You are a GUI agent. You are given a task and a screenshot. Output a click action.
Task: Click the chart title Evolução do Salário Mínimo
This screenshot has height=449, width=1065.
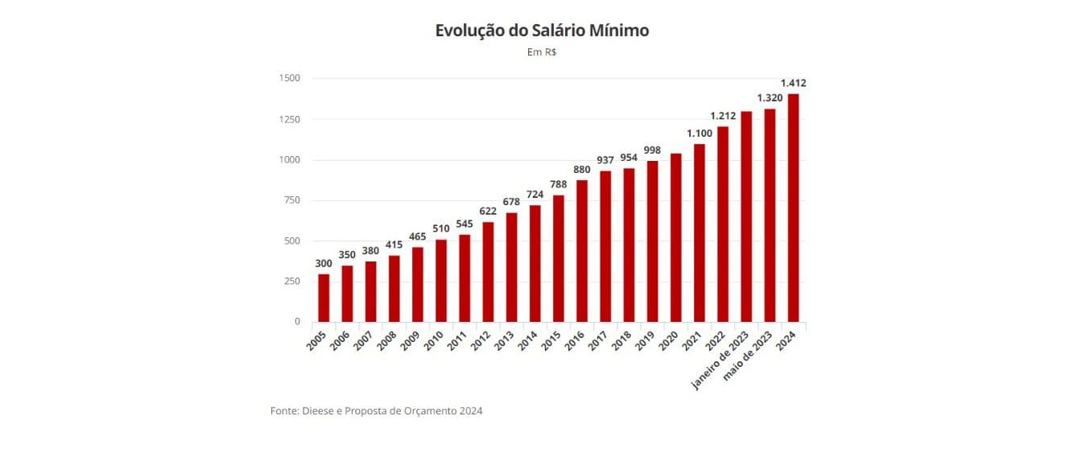point(542,31)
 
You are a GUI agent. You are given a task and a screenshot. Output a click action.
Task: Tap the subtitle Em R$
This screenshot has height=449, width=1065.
point(542,52)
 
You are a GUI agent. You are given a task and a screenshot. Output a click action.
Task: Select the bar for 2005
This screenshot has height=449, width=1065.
point(324,298)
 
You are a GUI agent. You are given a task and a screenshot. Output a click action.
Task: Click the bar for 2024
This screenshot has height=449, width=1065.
point(794,208)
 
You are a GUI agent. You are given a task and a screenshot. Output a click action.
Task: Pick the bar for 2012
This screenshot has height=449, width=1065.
point(488,272)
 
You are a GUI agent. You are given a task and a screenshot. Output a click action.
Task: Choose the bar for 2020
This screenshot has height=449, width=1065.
point(676,237)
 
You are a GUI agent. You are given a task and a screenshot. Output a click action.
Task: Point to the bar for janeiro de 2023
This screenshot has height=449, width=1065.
point(746,216)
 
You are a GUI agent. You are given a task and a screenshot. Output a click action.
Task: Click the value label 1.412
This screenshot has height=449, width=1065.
point(794,83)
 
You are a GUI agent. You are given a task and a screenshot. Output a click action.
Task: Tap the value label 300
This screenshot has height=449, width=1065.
point(324,263)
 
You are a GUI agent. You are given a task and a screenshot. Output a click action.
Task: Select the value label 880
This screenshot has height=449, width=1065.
point(582,170)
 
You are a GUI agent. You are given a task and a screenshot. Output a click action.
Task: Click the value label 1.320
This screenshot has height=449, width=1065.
point(770,98)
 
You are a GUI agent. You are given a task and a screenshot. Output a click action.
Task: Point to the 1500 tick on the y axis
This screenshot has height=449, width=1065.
point(290,78)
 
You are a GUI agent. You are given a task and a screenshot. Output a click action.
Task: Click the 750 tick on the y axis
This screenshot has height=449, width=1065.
point(291,200)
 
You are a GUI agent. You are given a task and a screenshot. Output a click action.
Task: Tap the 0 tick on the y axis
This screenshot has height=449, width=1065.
point(297,322)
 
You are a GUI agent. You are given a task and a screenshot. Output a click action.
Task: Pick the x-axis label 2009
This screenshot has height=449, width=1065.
point(411,340)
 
